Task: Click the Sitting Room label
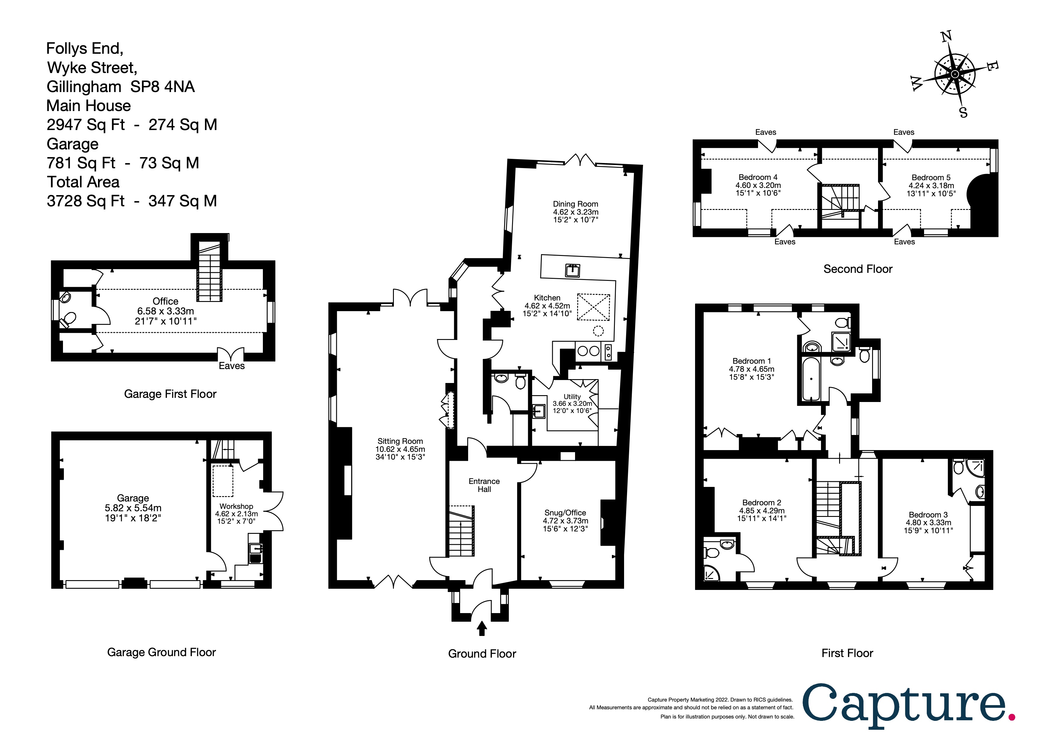coord(400,441)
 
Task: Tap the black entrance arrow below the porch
coord(482,629)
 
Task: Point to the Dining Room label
coord(575,204)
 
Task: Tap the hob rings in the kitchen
coord(588,351)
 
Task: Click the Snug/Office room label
coord(565,513)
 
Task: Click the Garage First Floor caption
coord(170,394)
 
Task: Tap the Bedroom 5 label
coord(931,178)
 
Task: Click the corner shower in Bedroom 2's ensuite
coord(712,573)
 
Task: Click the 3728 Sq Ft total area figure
coord(86,201)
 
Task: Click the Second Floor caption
coord(858,269)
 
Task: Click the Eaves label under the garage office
coord(231,366)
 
